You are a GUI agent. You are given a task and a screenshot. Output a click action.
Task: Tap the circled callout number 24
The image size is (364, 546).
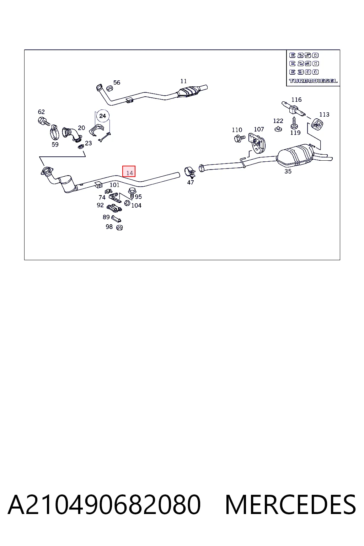pyautogui.click(x=103, y=116)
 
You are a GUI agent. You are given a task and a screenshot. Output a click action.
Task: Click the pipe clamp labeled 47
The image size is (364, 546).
pyautogui.click(x=190, y=172)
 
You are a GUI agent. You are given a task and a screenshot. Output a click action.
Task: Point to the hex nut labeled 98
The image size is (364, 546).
pyautogui.click(x=119, y=227)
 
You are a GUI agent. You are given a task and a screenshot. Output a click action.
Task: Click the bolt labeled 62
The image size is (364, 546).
pyautogui.click(x=44, y=121)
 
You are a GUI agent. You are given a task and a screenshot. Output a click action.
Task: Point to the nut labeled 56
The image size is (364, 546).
pyautogui.click(x=109, y=88)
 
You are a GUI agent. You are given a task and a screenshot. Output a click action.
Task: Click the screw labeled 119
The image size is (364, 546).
pyautogui.click(x=294, y=123)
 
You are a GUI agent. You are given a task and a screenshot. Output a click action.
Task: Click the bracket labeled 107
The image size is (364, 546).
pyautogui.click(x=257, y=143)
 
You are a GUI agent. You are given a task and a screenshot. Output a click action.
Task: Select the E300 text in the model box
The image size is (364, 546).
pyautogui.click(x=304, y=72)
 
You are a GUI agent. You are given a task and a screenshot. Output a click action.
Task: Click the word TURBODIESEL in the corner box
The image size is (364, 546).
pyautogui.click(x=313, y=81)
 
